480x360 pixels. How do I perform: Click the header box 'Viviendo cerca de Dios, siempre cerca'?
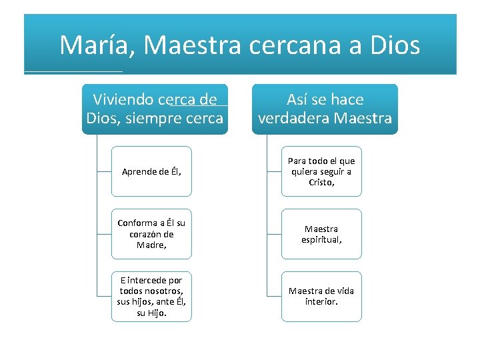pyautogui.click(x=155, y=109)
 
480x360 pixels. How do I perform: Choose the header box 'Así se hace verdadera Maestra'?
pyautogui.click(x=325, y=109)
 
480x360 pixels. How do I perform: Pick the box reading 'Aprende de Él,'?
pyautogui.click(x=151, y=171)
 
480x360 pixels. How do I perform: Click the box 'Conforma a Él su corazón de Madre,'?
pyautogui.click(x=151, y=233)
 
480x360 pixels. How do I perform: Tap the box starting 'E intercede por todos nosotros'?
pyautogui.click(x=151, y=296)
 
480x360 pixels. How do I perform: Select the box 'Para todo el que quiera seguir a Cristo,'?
pyautogui.click(x=321, y=171)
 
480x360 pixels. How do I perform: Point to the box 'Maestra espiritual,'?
pyautogui.click(x=321, y=233)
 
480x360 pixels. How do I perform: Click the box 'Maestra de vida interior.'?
pyautogui.click(x=321, y=296)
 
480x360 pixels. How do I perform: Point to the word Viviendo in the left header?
pyautogui.click(x=123, y=100)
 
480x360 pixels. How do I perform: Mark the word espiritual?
pyautogui.click(x=322, y=239)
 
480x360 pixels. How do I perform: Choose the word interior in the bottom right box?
pyautogui.click(x=321, y=302)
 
